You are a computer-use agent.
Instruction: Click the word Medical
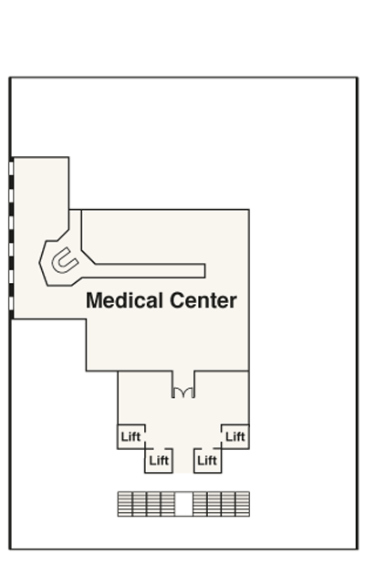[124, 300]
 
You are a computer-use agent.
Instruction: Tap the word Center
[203, 300]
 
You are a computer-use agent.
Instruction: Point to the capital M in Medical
[94, 300]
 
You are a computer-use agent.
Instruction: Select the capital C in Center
[177, 300]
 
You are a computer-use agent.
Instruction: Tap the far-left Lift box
[131, 436]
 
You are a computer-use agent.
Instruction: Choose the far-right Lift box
[235, 436]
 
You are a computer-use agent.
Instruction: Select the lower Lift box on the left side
[159, 461]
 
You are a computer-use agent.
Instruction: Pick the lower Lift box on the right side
[207, 461]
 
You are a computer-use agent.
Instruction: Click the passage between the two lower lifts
[183, 461]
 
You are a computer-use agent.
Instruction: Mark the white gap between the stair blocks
[183, 504]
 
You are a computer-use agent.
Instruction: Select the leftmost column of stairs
[125, 504]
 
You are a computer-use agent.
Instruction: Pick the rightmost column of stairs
[243, 504]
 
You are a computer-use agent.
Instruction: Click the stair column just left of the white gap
[168, 504]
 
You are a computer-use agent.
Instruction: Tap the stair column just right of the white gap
[200, 504]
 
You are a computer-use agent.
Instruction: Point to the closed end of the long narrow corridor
[205, 270]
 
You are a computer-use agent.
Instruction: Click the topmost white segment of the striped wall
[11, 169]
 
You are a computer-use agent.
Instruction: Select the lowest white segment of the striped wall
[11, 303]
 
